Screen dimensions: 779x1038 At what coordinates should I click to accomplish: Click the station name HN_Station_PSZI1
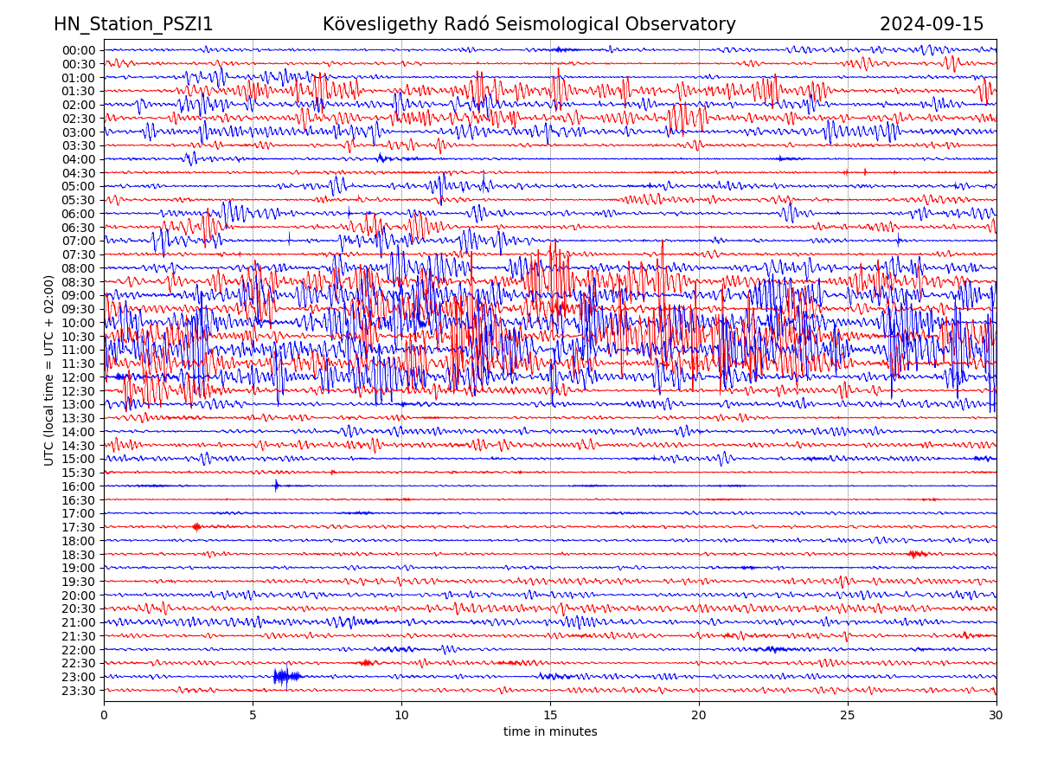click(133, 24)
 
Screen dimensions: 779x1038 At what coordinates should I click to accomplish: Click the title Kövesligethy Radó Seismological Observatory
click(529, 24)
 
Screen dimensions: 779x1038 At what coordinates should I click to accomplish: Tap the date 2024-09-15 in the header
click(932, 24)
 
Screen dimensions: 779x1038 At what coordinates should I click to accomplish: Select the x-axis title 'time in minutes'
click(550, 731)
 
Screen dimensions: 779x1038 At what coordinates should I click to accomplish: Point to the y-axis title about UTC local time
click(49, 370)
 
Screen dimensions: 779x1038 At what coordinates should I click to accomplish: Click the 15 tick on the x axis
click(550, 716)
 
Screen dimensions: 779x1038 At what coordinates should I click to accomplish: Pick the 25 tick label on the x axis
click(848, 716)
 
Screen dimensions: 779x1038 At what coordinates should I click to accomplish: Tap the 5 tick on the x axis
click(253, 716)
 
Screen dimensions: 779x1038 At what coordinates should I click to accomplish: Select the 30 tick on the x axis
click(996, 716)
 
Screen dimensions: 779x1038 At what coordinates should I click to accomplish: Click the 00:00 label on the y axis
click(79, 50)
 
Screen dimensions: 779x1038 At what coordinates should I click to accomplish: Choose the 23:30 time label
click(79, 691)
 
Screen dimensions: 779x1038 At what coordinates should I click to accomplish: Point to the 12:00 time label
click(79, 377)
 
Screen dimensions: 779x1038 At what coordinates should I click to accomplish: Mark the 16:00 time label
click(79, 486)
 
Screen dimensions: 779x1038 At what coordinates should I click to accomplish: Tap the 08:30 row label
click(79, 282)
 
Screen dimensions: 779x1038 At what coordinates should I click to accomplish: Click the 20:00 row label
click(79, 596)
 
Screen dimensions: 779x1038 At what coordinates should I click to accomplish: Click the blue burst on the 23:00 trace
click(285, 676)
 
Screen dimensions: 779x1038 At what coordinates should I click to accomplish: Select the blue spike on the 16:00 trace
click(277, 486)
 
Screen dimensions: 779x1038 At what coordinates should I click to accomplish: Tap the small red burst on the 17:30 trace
click(197, 526)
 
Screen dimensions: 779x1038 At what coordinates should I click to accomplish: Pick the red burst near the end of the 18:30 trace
click(918, 554)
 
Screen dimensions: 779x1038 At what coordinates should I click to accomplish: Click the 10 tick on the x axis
click(401, 716)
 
